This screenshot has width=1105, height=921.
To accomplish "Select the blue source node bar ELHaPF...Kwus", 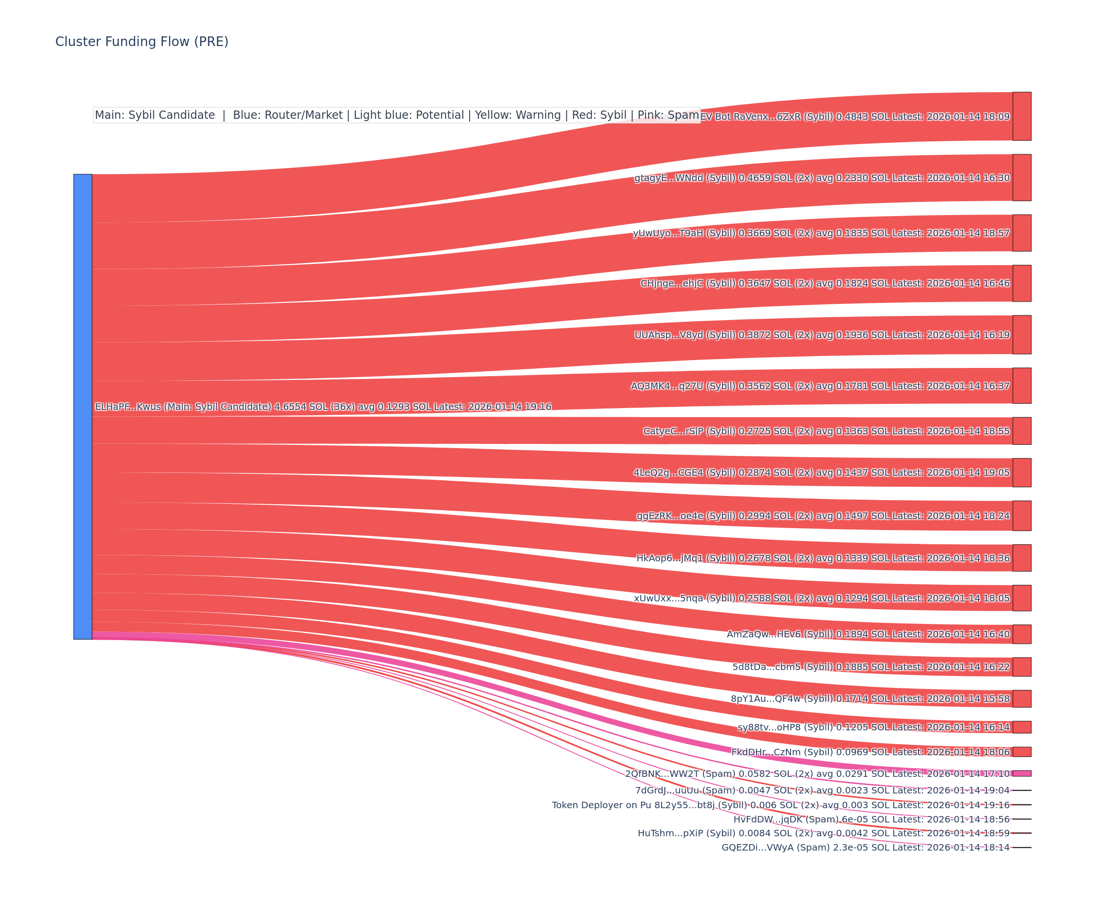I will [x=82, y=406].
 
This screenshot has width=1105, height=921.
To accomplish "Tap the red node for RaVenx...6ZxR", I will [x=1022, y=117].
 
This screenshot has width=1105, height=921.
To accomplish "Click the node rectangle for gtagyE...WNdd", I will [x=1022, y=177].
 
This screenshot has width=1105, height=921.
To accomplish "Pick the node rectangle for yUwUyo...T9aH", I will [x=1022, y=233].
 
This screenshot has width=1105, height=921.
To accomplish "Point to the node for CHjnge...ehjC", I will [x=1022, y=283].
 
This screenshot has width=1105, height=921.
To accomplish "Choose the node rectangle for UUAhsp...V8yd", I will [x=1022, y=335].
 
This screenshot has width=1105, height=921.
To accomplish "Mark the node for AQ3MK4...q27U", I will [x=1022, y=386].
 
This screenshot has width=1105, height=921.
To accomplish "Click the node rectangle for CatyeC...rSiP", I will [x=1022, y=431].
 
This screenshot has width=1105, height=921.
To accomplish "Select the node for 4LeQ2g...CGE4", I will [x=1022, y=472].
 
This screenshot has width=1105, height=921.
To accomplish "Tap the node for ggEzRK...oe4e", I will [x=1022, y=516].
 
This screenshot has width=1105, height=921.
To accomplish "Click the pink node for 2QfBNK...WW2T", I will [x=1022, y=774].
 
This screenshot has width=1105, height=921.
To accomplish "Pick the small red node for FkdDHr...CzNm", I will [x=1022, y=752].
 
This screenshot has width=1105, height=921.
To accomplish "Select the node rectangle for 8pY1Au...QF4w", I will [x=1022, y=699].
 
